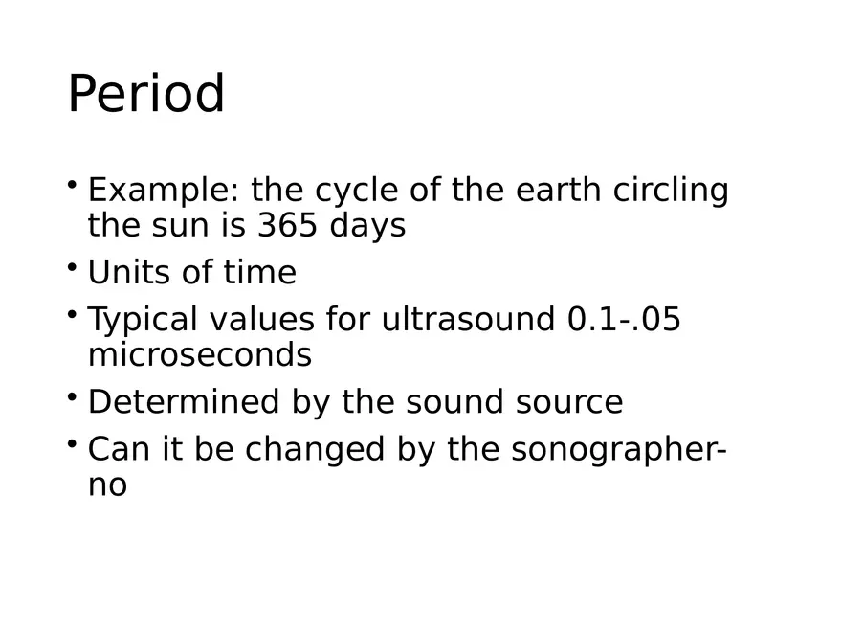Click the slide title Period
coord(146,95)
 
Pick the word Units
coord(127,273)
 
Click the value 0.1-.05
coord(624,319)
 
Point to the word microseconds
coord(199,355)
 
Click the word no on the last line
coord(107,485)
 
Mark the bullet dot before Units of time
coord(73,266)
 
